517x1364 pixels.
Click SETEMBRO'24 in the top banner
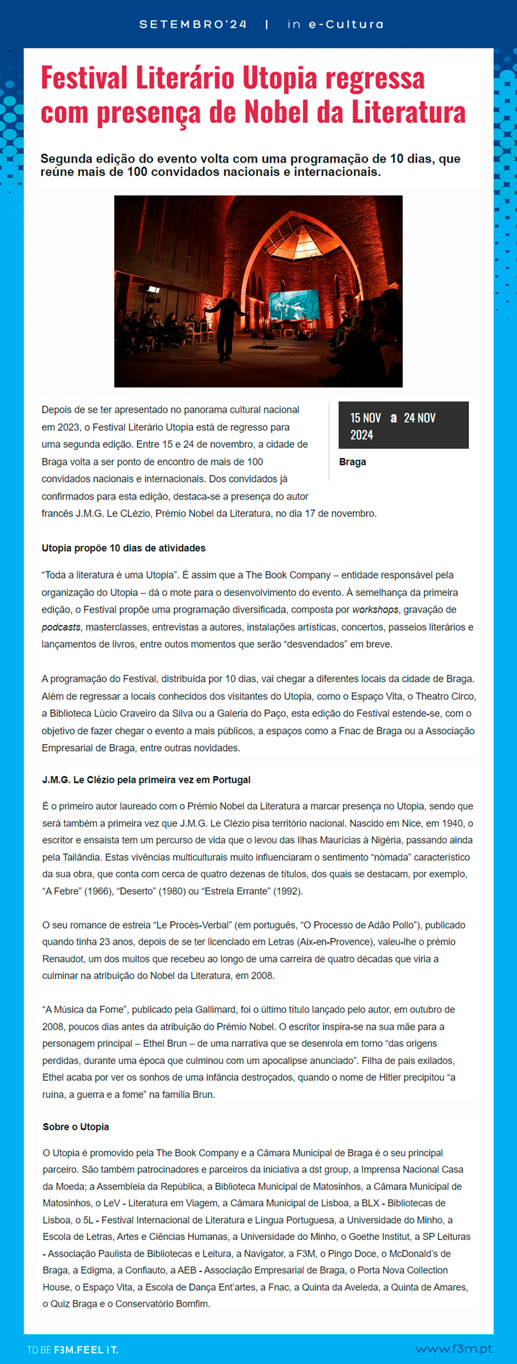point(193,25)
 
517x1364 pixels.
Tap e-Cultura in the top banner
point(346,25)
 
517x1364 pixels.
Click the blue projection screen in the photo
point(293,305)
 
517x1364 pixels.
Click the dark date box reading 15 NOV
point(403,426)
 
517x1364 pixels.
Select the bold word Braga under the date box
point(352,462)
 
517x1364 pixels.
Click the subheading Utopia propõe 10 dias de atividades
point(124,548)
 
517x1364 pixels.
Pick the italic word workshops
point(375,610)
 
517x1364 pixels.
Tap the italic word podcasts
point(61,627)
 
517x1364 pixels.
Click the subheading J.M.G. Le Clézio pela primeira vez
point(146,780)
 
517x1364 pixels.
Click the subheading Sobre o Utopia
point(75,1127)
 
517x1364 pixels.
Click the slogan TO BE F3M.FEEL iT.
point(72,1349)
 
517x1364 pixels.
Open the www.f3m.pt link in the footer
point(454,1349)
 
